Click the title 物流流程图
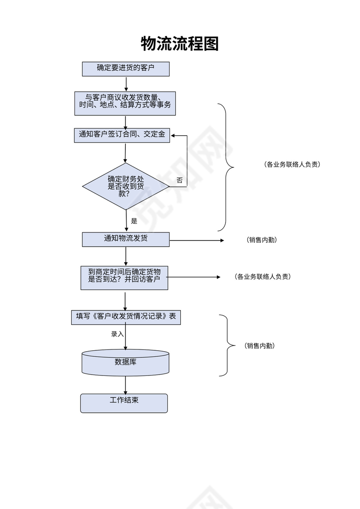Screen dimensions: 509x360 click(180, 44)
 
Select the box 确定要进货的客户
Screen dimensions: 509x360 click(126, 69)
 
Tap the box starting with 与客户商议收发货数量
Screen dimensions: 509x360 click(125, 103)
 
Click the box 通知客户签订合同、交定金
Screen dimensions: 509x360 click(122, 135)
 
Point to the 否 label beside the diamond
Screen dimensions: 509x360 click(180, 180)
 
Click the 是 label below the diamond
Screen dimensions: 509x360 click(134, 221)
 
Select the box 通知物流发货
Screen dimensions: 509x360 click(126, 239)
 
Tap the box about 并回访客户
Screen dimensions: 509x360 click(124, 277)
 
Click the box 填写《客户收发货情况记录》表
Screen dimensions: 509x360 click(126, 317)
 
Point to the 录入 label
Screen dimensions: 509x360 click(117, 334)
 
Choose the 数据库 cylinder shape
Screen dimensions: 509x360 click(125, 362)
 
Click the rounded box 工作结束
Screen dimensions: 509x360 click(124, 403)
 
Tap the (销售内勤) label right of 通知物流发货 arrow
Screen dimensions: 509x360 click(262, 240)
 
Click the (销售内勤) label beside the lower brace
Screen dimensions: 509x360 click(260, 346)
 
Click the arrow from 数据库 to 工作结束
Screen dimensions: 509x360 click(125, 385)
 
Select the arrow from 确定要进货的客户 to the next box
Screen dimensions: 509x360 click(126, 84)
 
